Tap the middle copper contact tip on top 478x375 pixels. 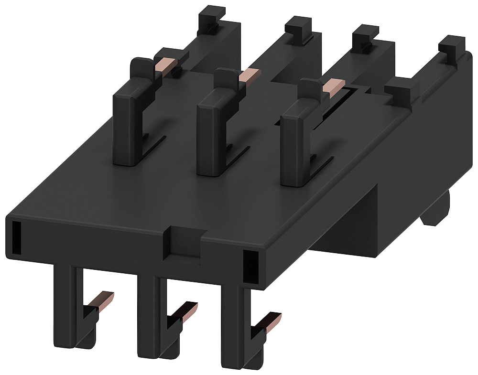pyautogui.click(x=250, y=75)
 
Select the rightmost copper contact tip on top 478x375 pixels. pyautogui.click(x=333, y=86)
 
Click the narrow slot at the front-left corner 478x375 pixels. pyautogui.click(x=16, y=237)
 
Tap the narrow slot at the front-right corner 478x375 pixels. pyautogui.click(x=249, y=266)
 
